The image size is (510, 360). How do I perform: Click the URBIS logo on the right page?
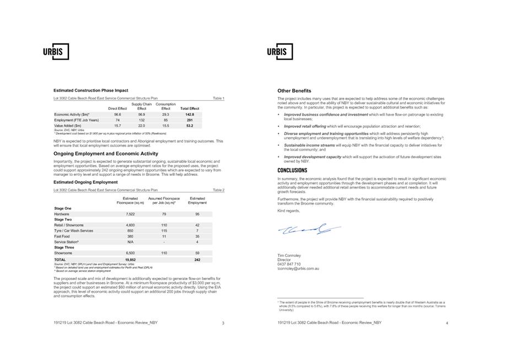[x=280, y=52]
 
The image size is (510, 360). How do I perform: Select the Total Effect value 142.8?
[x=190, y=115]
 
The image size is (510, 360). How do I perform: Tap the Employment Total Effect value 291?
[x=190, y=120]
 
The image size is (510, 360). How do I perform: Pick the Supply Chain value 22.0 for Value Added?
[x=142, y=126]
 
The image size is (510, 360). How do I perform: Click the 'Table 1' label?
[x=218, y=98]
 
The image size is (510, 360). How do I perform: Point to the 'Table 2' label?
[x=218, y=190]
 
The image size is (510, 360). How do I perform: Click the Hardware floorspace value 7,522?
[x=130, y=214]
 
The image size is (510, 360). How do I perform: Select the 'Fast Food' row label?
[x=62, y=237]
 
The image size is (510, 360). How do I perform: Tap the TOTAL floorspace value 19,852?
[x=130, y=260]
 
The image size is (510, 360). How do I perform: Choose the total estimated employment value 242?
[x=197, y=260]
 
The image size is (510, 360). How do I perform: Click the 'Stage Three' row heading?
[x=64, y=248]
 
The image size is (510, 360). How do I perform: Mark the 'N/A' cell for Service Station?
[x=130, y=242]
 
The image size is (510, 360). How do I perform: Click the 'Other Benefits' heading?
[x=294, y=91]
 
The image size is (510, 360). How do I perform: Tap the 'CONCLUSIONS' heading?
[x=292, y=171]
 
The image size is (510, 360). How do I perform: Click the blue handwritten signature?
[x=309, y=229]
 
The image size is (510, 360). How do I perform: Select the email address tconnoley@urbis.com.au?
[x=298, y=269]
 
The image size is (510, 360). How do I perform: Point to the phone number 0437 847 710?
[x=289, y=264]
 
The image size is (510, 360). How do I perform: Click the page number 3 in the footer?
[x=223, y=324]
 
